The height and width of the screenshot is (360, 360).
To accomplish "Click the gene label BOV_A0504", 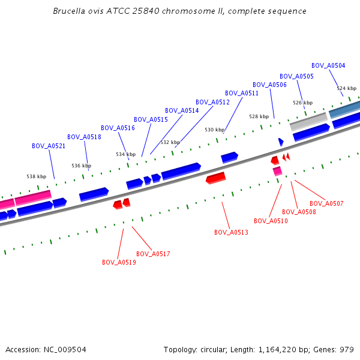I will [328, 65].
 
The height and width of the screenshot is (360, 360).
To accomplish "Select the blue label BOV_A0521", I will [49, 146].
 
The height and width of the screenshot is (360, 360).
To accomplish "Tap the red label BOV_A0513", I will [231, 232].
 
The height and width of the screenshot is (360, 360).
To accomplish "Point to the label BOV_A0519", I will [119, 262].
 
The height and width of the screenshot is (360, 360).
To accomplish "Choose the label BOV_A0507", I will [326, 203].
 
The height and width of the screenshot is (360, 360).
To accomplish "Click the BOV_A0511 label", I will [242, 93].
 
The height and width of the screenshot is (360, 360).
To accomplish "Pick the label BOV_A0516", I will [118, 128].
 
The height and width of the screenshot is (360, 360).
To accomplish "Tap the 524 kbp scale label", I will [346, 88].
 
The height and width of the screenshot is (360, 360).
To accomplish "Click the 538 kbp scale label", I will [36, 176].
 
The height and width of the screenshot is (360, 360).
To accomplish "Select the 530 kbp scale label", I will [214, 130].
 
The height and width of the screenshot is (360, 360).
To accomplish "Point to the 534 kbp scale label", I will [125, 154].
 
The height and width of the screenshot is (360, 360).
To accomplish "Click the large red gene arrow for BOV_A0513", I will [215, 178].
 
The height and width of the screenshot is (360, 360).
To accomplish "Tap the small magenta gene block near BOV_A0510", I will [277, 171].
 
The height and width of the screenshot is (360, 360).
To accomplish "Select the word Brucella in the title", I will [69, 11].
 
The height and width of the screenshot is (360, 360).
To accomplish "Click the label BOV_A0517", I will [153, 254].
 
